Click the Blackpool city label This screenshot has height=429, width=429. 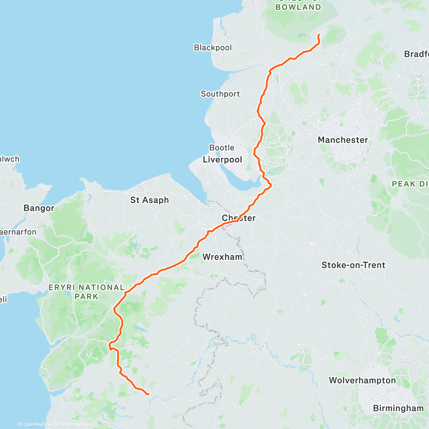[213, 48]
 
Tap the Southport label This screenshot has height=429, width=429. [220, 94]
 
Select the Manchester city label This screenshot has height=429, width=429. [342, 140]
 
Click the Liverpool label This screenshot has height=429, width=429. [222, 160]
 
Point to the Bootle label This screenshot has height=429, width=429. [222, 148]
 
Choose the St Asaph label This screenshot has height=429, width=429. [149, 200]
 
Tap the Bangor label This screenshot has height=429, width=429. [39, 208]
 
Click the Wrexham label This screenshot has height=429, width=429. [222, 257]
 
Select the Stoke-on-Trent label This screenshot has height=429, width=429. [353, 265]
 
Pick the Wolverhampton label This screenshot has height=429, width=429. [362, 380]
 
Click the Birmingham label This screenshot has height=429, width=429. [398, 408]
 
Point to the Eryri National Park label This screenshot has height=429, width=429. [87, 292]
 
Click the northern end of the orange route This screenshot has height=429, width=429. [319, 35]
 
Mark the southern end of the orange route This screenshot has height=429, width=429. [148, 394]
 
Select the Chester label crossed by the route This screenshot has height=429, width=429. [238, 218]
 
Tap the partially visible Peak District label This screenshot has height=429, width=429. [410, 184]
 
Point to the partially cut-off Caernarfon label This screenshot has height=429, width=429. [18, 232]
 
